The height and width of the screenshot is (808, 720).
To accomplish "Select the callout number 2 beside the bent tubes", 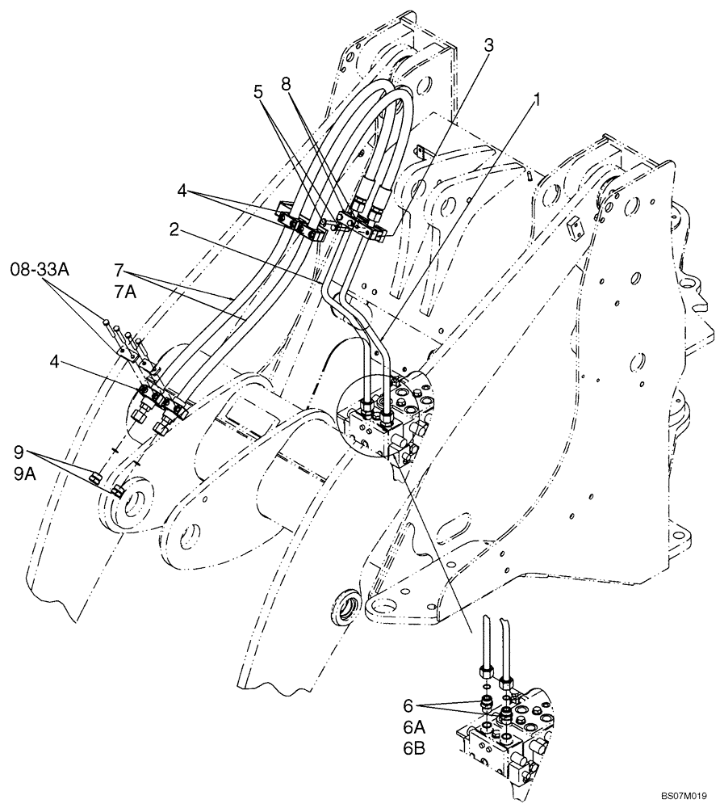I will pyautogui.click(x=174, y=231).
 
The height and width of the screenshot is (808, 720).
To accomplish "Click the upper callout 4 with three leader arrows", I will pyautogui.click(x=185, y=192).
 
